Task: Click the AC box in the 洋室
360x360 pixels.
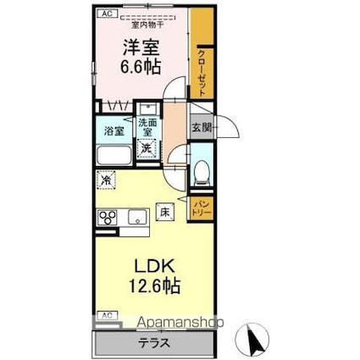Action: pyautogui.click(x=107, y=14)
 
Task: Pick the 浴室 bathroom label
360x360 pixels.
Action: pyautogui.click(x=114, y=131)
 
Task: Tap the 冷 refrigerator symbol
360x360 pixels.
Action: pyautogui.click(x=107, y=180)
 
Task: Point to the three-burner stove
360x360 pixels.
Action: pyautogui.click(x=108, y=218)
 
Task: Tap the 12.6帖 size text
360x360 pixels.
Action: pyautogui.click(x=153, y=285)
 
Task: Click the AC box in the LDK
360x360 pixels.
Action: pyautogui.click(x=107, y=314)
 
